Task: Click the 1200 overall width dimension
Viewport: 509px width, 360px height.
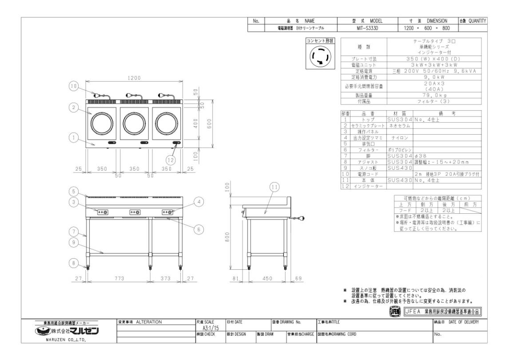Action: (x=134, y=78)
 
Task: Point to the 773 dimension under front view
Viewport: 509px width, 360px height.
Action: (x=118, y=278)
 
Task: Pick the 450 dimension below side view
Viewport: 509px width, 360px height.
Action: (x=266, y=278)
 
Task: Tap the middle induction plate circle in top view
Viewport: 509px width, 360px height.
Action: (x=134, y=121)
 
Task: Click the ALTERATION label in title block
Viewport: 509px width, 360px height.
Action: (x=149, y=321)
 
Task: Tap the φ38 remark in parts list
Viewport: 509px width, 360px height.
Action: (x=420, y=156)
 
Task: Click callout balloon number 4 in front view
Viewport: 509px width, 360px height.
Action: (x=199, y=202)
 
